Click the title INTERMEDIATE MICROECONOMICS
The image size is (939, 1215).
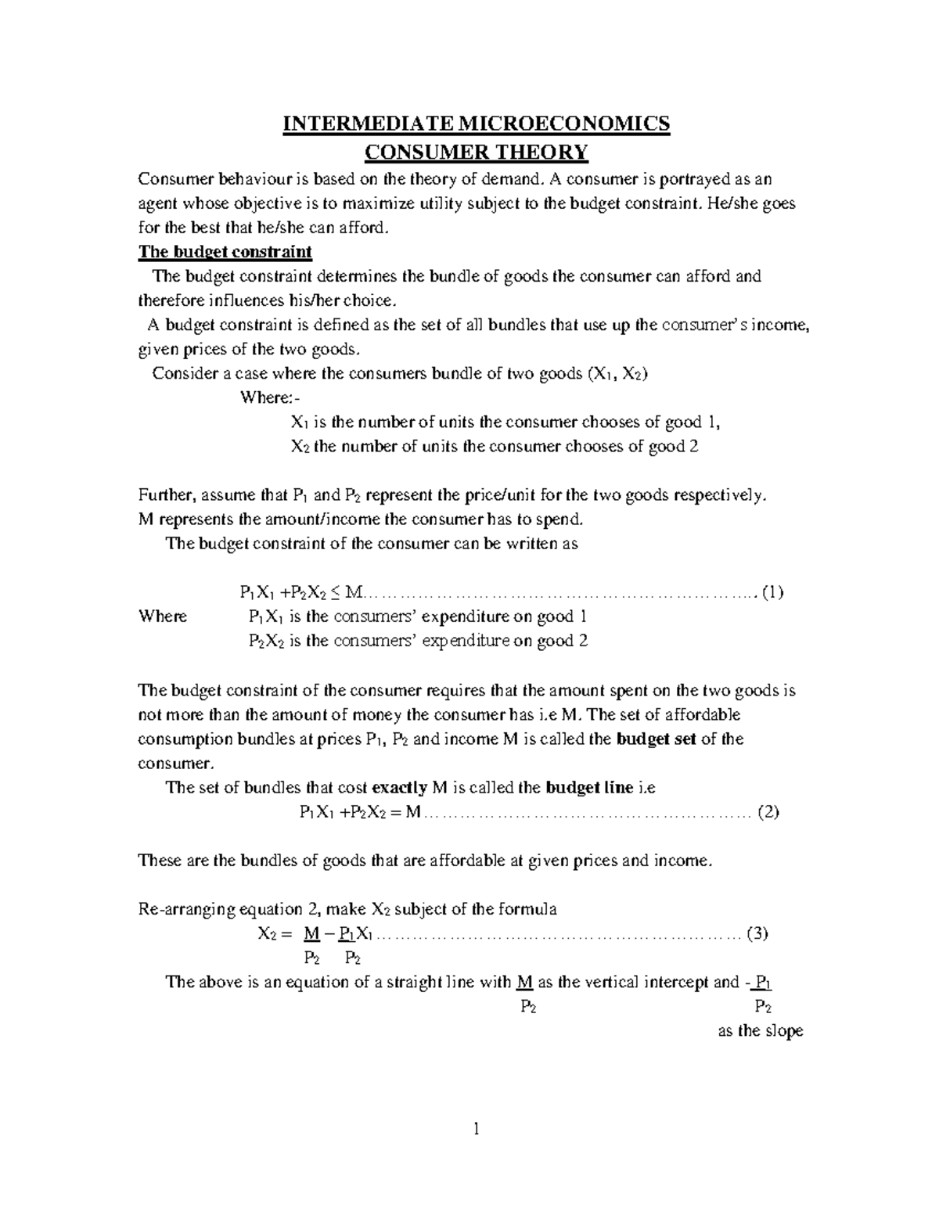(x=476, y=124)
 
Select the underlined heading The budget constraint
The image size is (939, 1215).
(x=225, y=252)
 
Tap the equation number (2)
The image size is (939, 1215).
(x=768, y=812)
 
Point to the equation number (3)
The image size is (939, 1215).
(x=758, y=933)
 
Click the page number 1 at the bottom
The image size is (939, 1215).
(x=475, y=1130)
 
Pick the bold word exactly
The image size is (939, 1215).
(x=400, y=788)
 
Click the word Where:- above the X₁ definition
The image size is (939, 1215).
(x=266, y=398)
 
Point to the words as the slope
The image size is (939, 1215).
(x=761, y=1031)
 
